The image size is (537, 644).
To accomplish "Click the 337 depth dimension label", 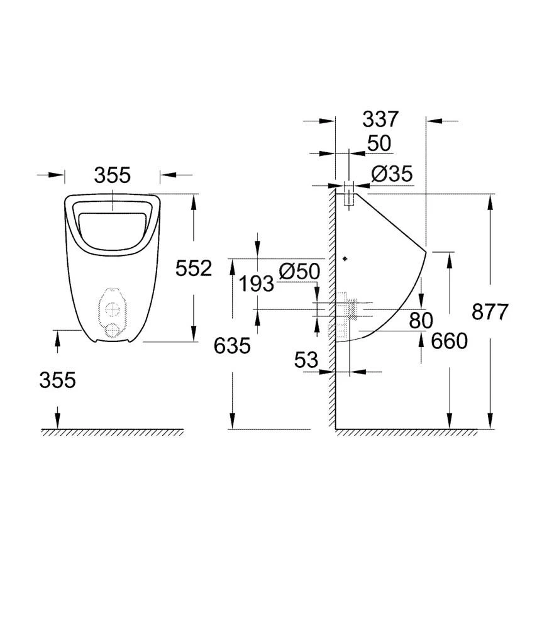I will tap(380, 119).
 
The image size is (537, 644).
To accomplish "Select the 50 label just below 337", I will tap(379, 144).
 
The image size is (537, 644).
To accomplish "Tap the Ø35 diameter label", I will tap(391, 174).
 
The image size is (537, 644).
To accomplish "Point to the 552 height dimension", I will tap(194, 269).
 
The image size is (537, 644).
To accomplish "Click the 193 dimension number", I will tap(256, 284).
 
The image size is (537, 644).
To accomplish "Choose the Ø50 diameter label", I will tap(299, 272).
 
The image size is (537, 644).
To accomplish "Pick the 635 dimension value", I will tap(232, 345).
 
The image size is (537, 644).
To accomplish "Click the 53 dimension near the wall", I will tap(306, 360).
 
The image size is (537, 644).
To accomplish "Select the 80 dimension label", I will tap(421, 321).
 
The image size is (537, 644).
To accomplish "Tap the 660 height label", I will tap(450, 341).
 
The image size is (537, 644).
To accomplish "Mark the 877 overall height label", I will tap(490, 312).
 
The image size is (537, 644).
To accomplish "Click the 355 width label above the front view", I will tap(113, 175).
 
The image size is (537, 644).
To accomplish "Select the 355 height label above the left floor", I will tap(57, 380).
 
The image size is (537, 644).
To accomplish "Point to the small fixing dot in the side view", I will tap(345, 258).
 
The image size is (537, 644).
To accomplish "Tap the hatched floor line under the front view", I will tap(113, 433).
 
